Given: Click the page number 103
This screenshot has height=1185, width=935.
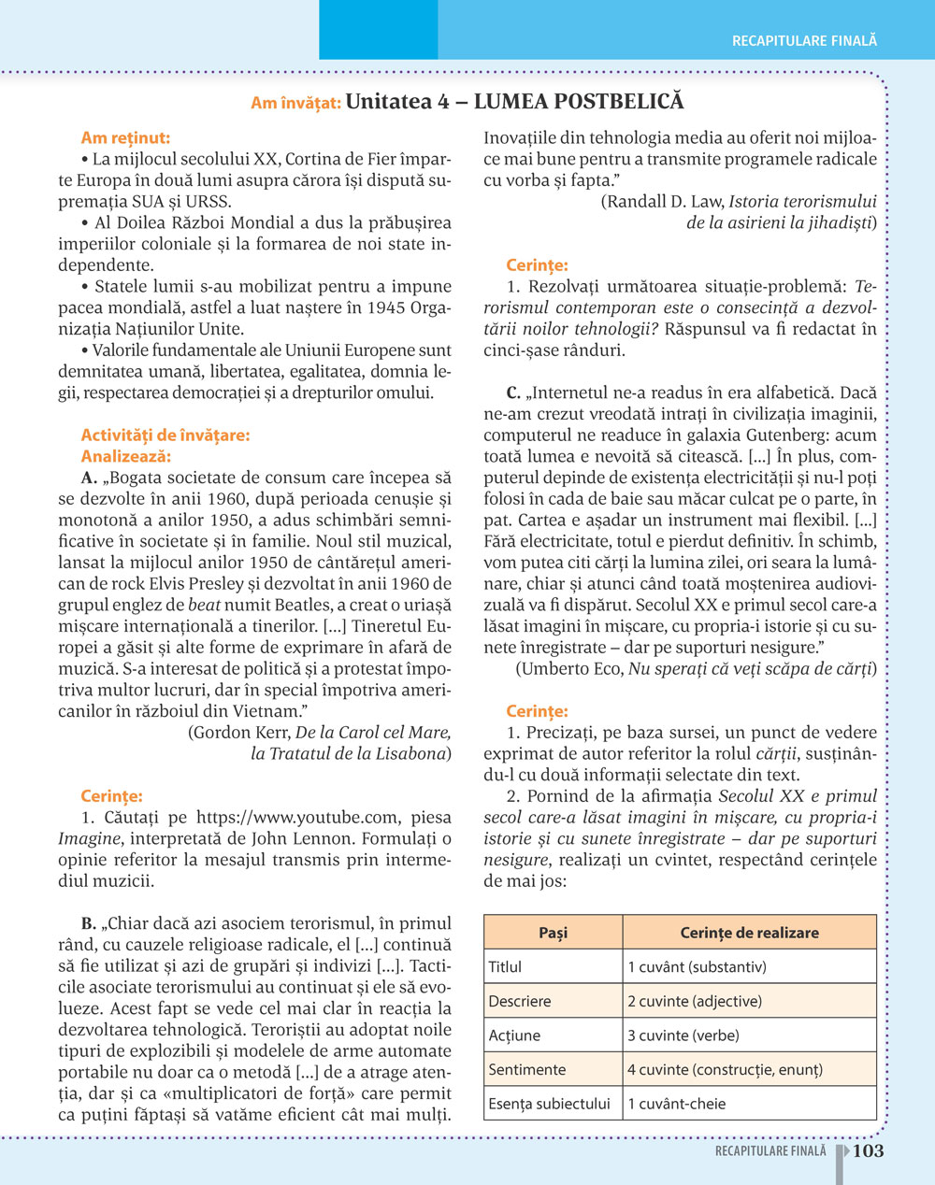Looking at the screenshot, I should [868, 1151].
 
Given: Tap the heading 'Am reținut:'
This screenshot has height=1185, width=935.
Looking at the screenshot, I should [125, 138].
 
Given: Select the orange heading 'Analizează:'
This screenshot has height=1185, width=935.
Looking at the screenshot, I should [126, 457].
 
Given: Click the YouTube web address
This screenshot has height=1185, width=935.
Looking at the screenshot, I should [296, 818].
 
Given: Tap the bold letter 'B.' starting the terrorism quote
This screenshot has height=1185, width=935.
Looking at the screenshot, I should [91, 923].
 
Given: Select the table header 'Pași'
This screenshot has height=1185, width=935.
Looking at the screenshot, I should [553, 933].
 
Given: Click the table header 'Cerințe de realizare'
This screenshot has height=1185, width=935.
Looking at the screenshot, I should [749, 933].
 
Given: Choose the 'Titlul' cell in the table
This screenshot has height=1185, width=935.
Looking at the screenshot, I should [506, 967].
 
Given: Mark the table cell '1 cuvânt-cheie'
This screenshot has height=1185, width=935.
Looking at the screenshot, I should [677, 1104].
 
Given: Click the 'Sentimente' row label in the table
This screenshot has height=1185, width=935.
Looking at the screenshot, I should [527, 1070].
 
